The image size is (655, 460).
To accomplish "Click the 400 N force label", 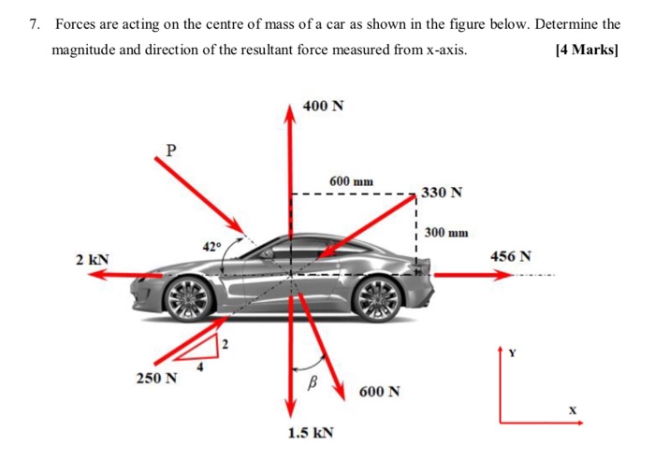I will point(324,106).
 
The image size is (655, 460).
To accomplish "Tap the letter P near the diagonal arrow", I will point(169,149).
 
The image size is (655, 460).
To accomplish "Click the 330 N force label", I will point(442,193).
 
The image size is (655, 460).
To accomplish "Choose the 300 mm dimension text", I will point(445,232).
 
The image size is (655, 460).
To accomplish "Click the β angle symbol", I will point(314,382).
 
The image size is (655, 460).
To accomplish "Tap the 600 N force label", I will point(379,391).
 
